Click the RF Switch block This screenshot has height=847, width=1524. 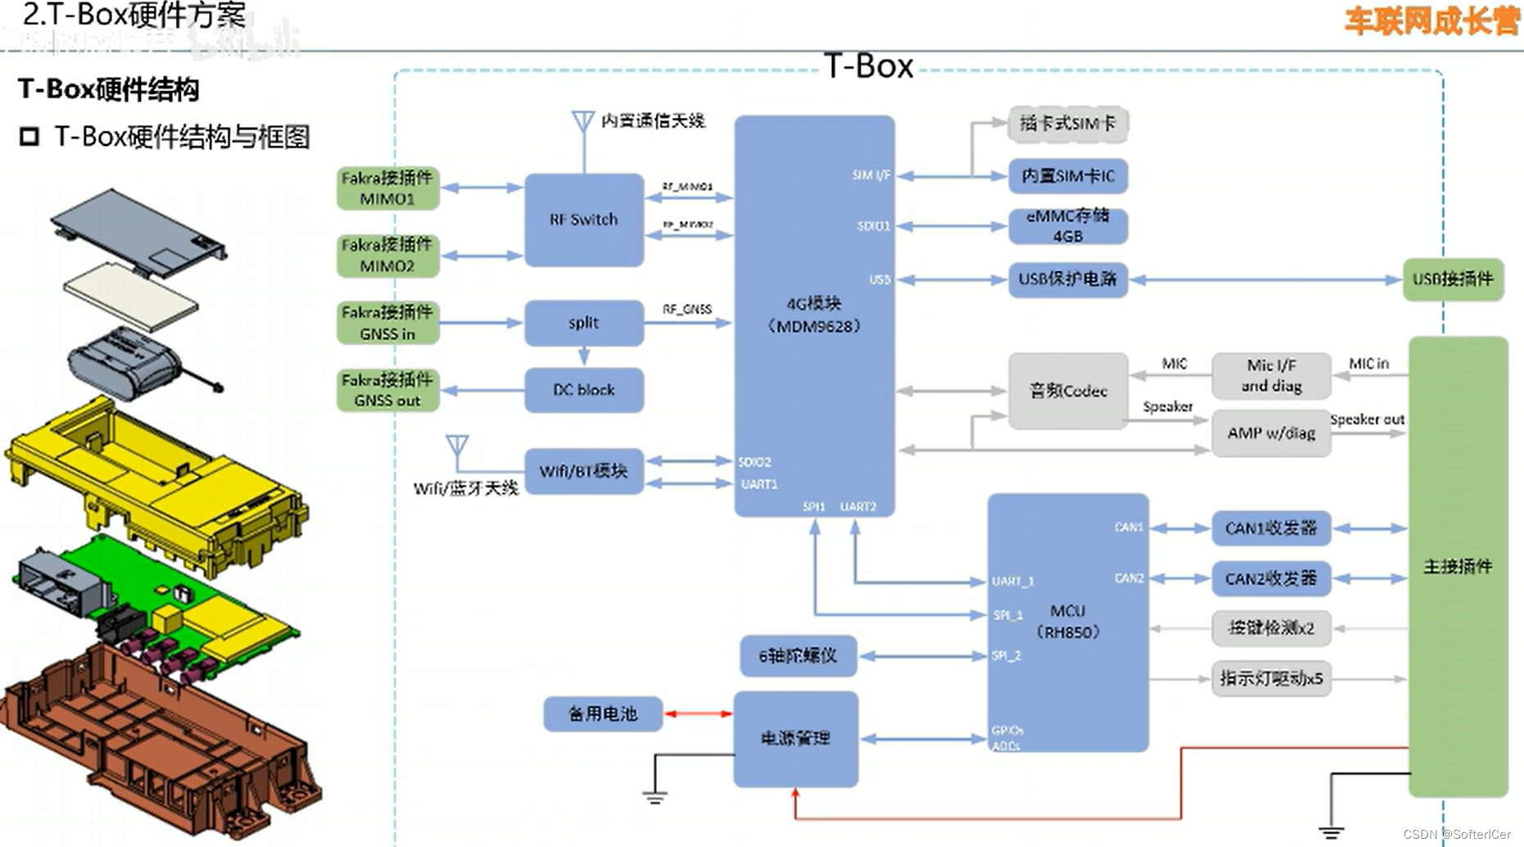click(584, 220)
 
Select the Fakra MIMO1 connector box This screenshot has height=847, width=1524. click(387, 188)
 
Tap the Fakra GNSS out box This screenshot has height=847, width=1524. click(387, 390)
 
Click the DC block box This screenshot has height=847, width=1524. click(584, 390)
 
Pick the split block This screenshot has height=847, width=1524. click(584, 323)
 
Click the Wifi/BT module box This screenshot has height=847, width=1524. click(584, 471)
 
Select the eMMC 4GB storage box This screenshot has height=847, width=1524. click(1067, 226)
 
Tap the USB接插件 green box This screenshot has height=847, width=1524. click(1453, 279)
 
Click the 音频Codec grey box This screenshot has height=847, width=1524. click(1067, 391)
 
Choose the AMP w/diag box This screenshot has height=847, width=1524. click(1270, 433)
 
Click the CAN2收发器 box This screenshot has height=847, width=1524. click(1270, 579)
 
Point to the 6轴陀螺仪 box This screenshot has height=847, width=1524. click(798, 656)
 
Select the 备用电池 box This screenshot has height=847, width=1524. click(603, 714)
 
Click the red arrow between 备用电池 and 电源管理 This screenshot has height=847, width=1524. click(698, 714)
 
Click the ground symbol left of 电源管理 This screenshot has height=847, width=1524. click(654, 796)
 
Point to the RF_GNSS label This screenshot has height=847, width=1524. click(687, 310)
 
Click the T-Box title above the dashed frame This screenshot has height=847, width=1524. click(868, 66)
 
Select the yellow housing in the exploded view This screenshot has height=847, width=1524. click(156, 483)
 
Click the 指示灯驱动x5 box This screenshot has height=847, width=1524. click(1270, 679)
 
